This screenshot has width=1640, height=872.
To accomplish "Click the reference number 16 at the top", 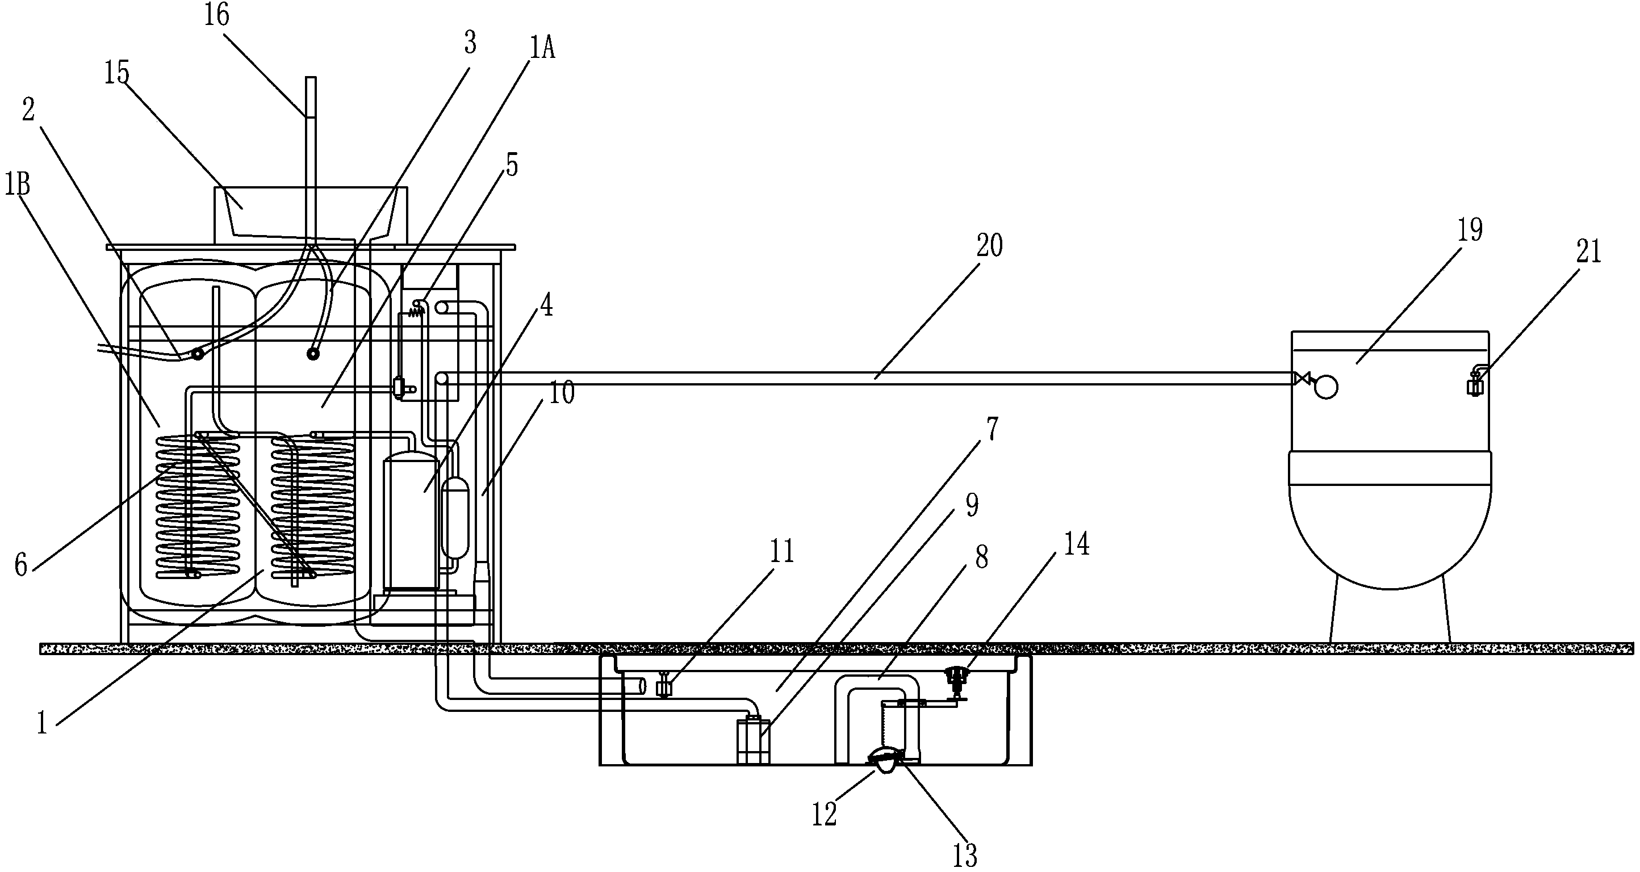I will pyautogui.click(x=216, y=15).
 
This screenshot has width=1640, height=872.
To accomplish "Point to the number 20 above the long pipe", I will pyautogui.click(x=989, y=246).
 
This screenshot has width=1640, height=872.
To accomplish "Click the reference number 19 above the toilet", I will pyautogui.click(x=1470, y=230).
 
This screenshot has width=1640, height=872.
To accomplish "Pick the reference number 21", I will pyautogui.click(x=1588, y=252).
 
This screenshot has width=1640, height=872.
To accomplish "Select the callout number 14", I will pyautogui.click(x=1077, y=545).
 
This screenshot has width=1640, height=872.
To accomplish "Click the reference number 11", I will pyautogui.click(x=782, y=551).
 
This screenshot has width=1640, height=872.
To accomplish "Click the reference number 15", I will pyautogui.click(x=117, y=74).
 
